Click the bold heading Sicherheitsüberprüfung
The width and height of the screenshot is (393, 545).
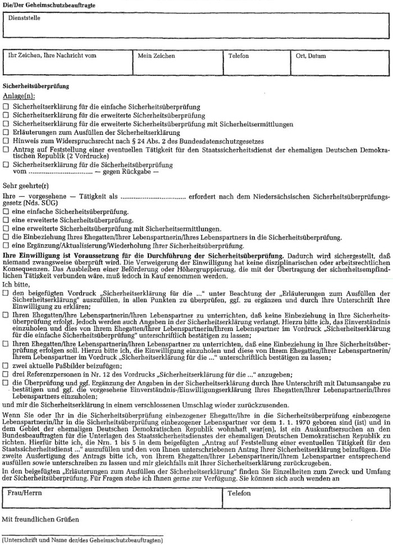pos(36,87)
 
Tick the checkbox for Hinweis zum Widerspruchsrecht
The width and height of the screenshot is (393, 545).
pos(6,140)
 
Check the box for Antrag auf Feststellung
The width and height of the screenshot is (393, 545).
pos(6,149)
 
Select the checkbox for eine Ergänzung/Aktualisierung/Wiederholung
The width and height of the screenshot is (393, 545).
pos(6,246)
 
